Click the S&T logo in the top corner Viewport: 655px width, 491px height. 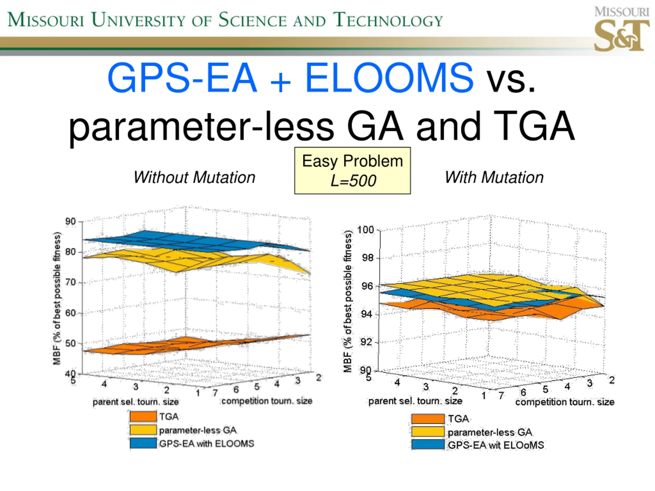(621, 30)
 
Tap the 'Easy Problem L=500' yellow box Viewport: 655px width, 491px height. (352, 171)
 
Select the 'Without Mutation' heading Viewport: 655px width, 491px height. (194, 177)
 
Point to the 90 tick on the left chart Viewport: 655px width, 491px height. (70, 221)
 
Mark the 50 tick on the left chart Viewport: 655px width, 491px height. (70, 343)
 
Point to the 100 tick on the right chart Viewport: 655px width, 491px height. (365, 230)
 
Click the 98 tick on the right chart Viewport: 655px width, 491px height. (367, 258)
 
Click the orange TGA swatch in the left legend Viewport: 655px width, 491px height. (143, 416)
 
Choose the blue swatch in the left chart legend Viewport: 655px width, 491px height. (143, 443)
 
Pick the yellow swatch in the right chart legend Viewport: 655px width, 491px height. (428, 432)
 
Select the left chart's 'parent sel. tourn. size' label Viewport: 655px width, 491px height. (136, 402)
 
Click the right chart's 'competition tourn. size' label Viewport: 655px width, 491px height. (565, 402)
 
